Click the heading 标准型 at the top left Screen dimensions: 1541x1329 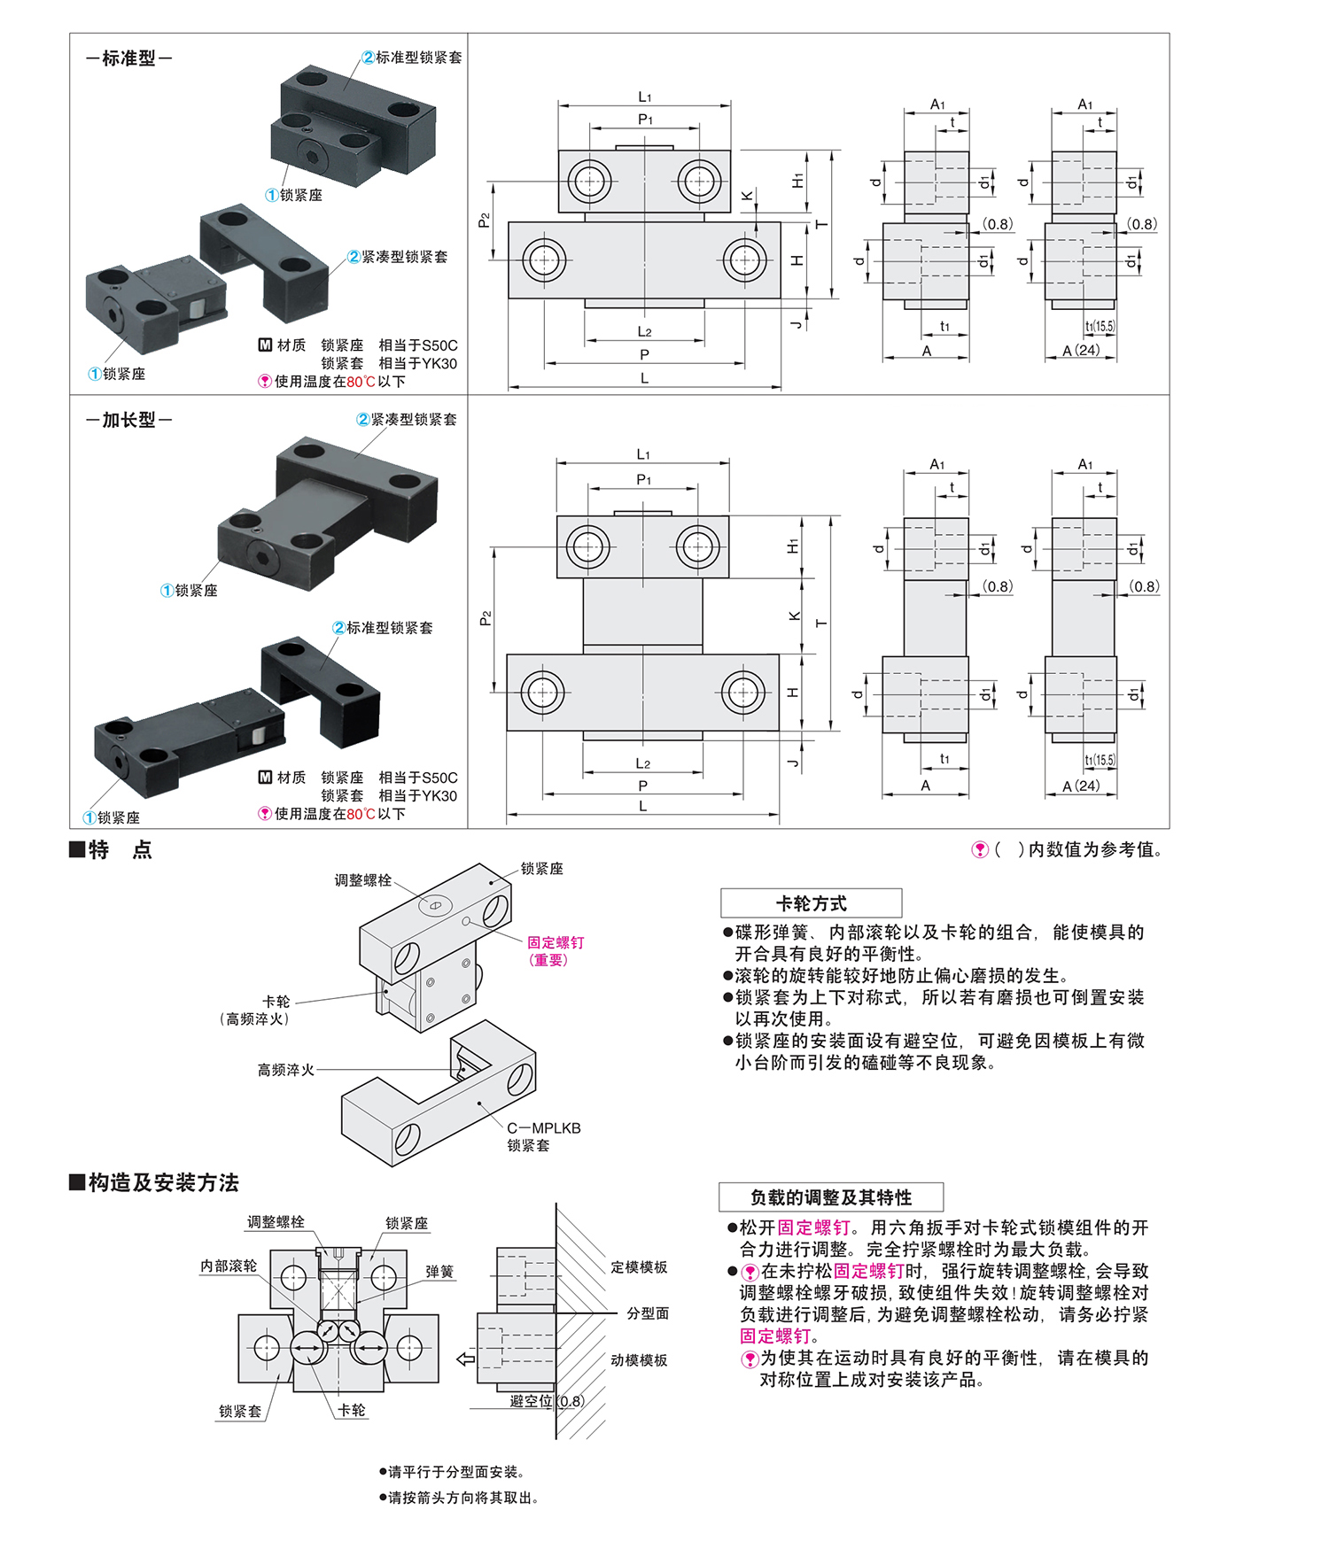coord(128,58)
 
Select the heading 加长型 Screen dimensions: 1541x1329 coord(128,420)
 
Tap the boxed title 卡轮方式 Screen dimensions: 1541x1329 coord(811,903)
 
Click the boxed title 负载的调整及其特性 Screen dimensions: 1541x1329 coord(830,1197)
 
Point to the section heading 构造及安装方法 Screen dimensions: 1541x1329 coord(163,1182)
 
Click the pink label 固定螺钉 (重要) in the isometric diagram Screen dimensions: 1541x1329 coord(555,950)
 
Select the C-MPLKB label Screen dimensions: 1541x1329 coord(543,1128)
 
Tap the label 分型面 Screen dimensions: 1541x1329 coord(648,1313)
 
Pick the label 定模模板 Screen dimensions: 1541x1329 coord(639,1267)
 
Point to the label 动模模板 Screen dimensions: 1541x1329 coord(639,1360)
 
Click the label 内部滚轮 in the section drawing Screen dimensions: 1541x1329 coord(229,1266)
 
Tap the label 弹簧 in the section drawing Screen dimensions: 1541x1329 coord(439,1272)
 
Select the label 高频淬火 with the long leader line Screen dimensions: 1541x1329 coord(285,1070)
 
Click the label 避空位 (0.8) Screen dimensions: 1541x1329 coord(546,1401)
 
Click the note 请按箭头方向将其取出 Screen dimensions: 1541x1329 coord(462,1498)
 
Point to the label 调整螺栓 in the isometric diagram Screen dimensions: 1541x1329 coord(362,880)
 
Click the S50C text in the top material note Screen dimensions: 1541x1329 coord(438,345)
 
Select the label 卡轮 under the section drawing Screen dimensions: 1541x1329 coord(352,1410)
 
